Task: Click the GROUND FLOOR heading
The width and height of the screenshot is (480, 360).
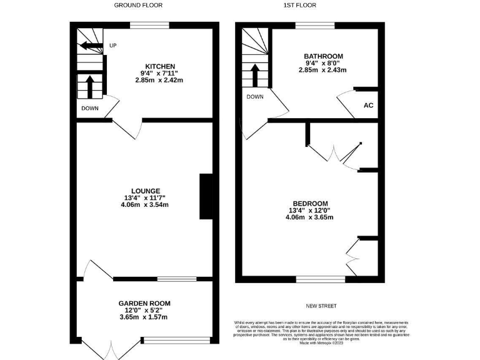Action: tap(138, 5)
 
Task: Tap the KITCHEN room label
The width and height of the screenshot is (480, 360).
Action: tap(160, 66)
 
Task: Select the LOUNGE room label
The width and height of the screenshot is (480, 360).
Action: tap(146, 191)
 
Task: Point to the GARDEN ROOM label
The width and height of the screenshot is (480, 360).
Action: tap(144, 303)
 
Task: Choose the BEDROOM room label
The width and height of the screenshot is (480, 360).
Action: tap(308, 203)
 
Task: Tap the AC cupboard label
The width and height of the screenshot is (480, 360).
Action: tap(368, 105)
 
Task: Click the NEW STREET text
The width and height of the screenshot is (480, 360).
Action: tap(321, 306)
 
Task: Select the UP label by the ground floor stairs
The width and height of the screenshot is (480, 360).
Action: tap(113, 46)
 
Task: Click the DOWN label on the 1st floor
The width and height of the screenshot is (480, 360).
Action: tap(254, 97)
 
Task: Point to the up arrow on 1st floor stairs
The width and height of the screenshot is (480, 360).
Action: tap(254, 76)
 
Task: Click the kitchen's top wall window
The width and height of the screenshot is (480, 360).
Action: tap(149, 25)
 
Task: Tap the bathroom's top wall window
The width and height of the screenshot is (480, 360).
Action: tap(315, 25)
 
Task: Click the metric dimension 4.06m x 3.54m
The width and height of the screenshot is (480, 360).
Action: tap(146, 205)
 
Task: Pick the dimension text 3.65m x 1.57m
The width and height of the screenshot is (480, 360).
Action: tap(144, 317)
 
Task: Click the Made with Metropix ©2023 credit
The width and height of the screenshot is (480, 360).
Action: tap(321, 342)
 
